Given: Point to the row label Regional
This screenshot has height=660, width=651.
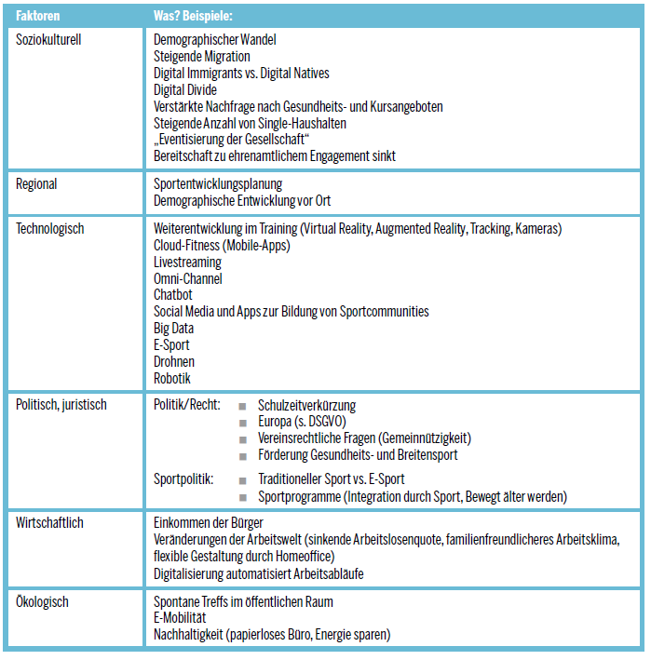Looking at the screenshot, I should (x=37, y=183).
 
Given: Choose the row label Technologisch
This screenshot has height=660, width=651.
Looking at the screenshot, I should (x=50, y=227).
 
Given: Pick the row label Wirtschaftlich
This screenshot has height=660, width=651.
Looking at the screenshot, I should (x=50, y=522).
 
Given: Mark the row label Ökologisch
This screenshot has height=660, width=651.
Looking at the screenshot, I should (x=43, y=601).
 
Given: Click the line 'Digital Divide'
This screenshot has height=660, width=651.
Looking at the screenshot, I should (x=185, y=89).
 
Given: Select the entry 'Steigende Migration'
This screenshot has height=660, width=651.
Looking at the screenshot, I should (x=202, y=56).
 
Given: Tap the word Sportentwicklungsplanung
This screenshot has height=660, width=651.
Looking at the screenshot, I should (x=218, y=183).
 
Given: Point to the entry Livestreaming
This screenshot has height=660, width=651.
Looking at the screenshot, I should (x=187, y=262).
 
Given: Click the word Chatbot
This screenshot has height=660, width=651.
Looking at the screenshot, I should (x=173, y=295).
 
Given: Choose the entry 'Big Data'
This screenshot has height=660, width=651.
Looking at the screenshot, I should (x=174, y=329).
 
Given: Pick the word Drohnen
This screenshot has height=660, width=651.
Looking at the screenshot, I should (x=174, y=361).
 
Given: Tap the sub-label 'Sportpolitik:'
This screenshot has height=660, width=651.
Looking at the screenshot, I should (x=183, y=478).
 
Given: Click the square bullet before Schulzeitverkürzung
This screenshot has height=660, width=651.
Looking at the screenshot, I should (x=242, y=406).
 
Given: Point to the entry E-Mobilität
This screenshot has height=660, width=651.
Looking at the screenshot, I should (x=180, y=618).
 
